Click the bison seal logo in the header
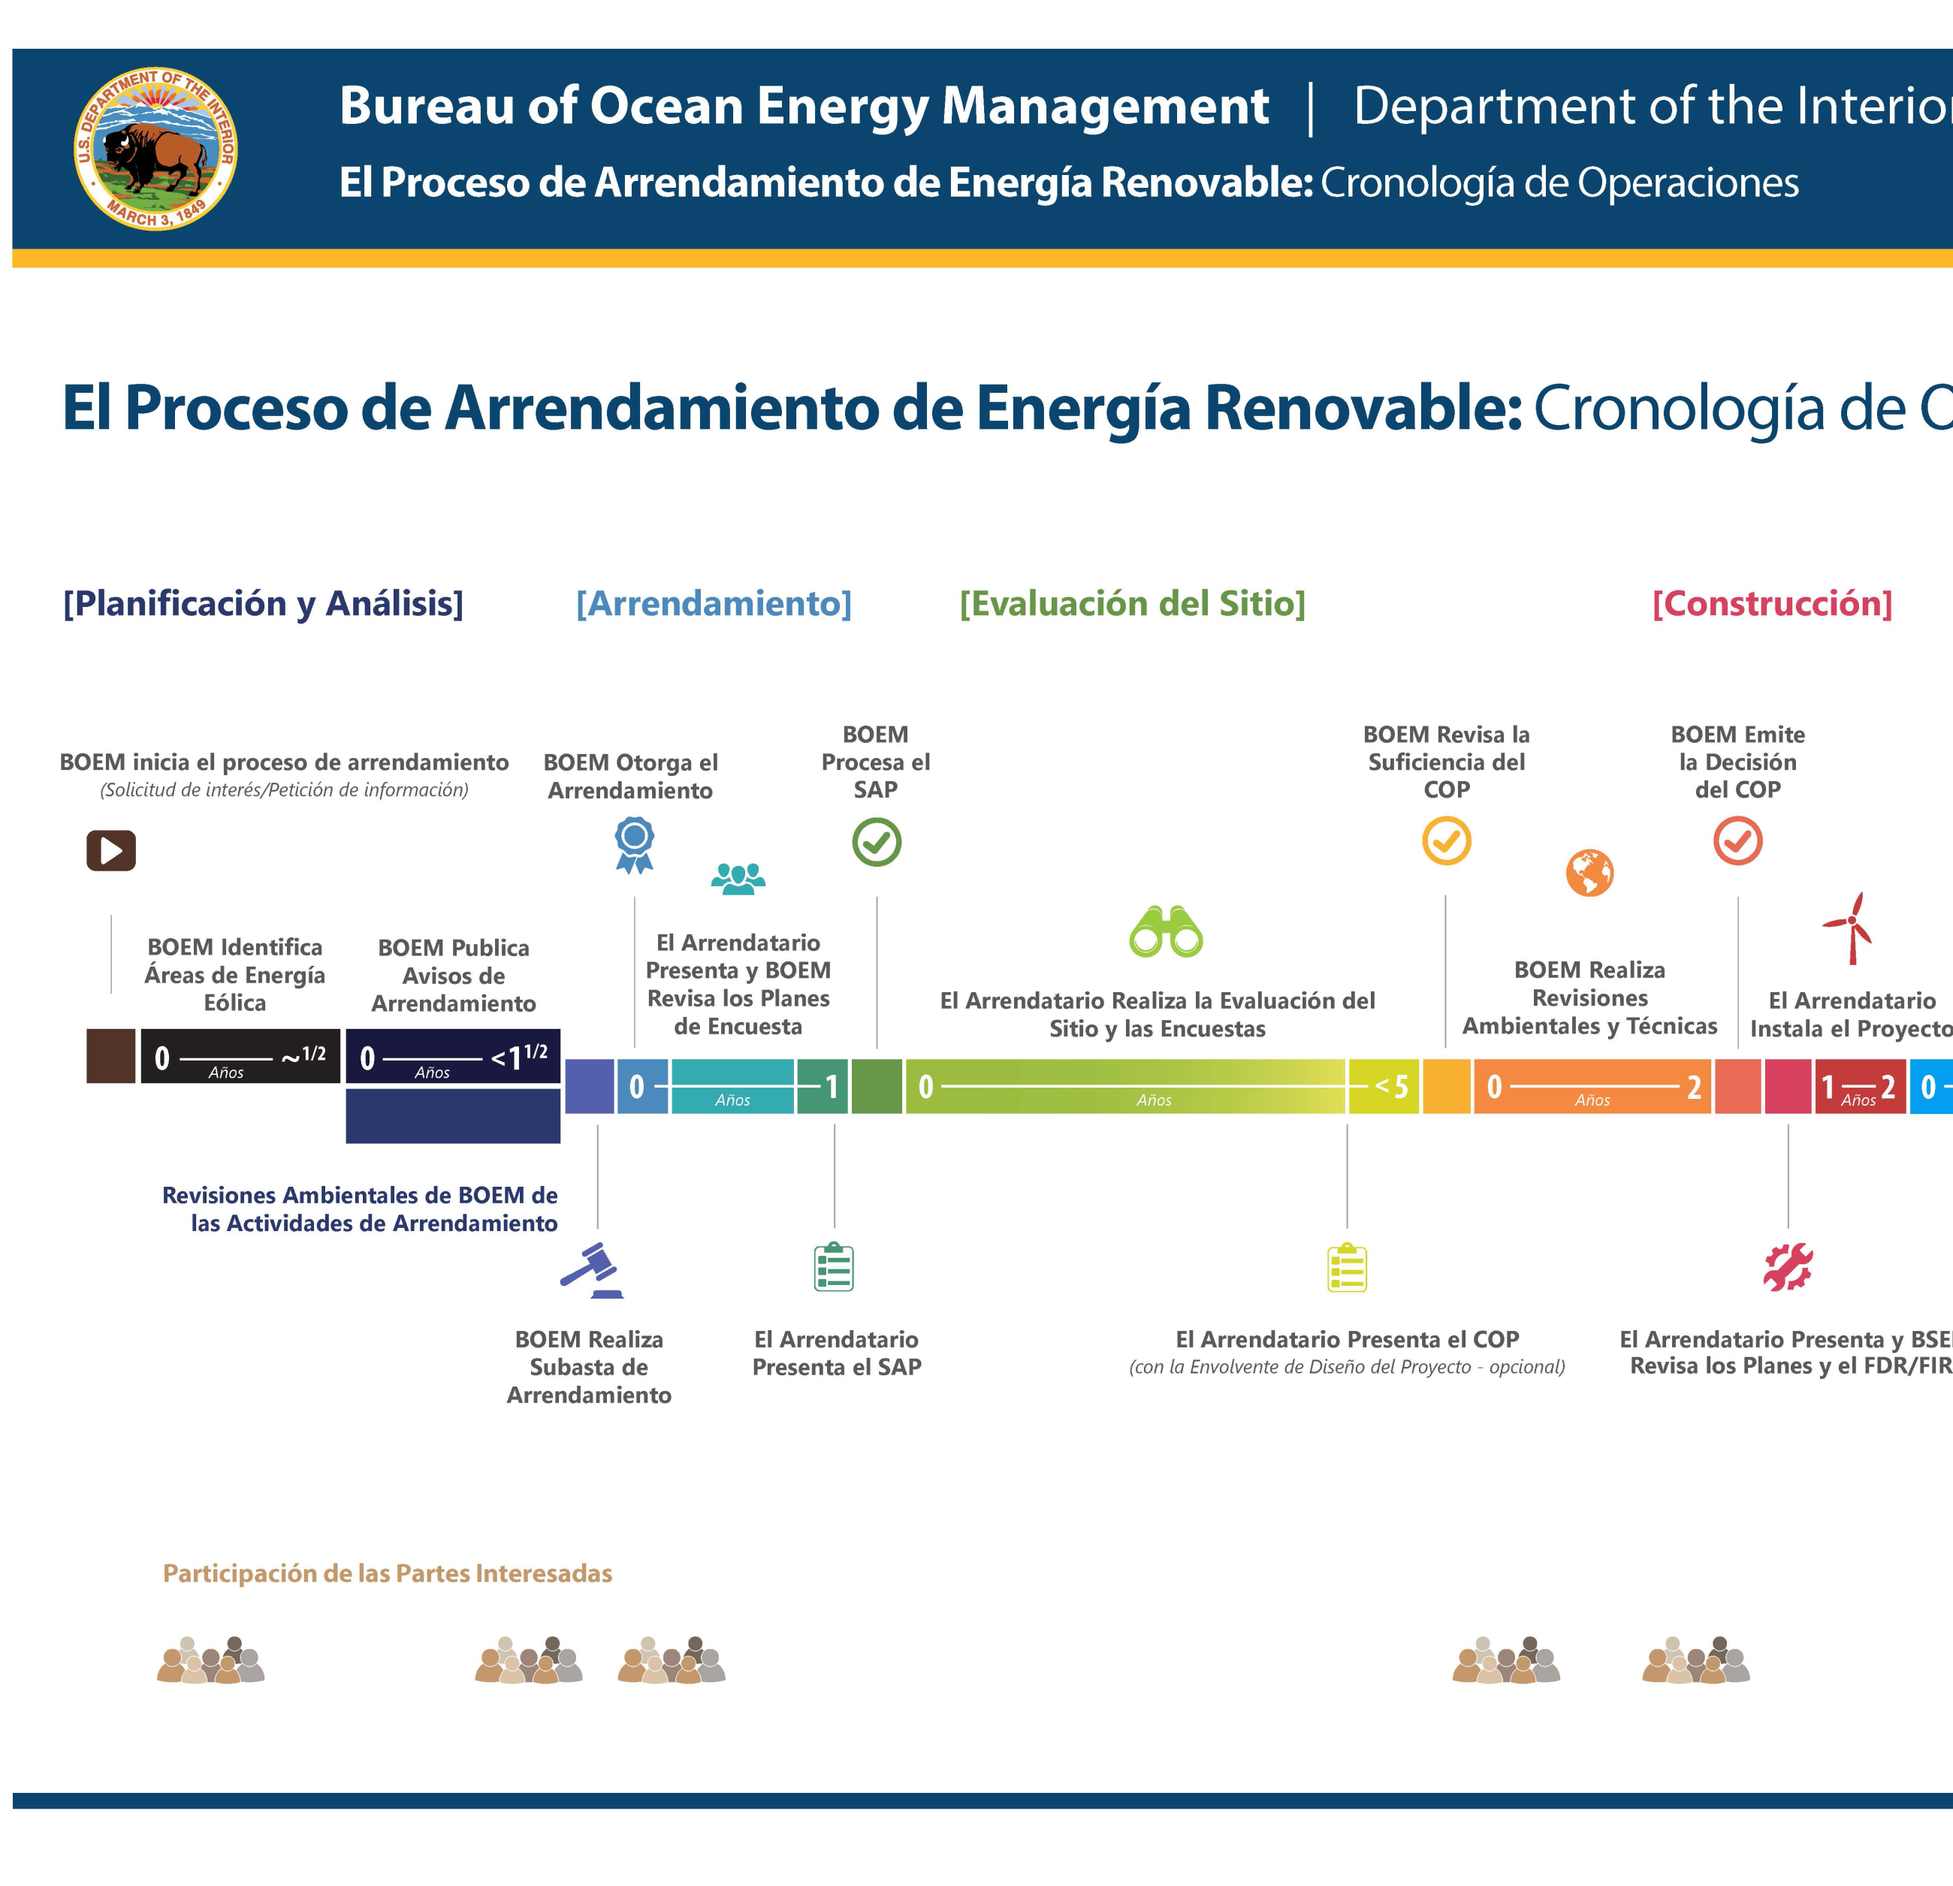point(155,149)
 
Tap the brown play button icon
point(110,849)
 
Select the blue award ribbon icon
point(634,844)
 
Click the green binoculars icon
point(1166,931)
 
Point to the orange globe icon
point(1589,873)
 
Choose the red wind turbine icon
point(1850,928)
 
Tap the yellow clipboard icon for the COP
point(1346,1266)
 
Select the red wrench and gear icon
point(1788,1266)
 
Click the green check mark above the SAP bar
point(876,842)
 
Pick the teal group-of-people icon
point(738,878)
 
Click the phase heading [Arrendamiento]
point(714,603)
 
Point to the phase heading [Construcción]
point(1772,603)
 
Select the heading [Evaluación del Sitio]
point(1132,603)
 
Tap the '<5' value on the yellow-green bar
point(1391,1086)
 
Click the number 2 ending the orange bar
point(1694,1087)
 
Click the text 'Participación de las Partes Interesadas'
point(388,1573)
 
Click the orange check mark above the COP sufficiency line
point(1446,841)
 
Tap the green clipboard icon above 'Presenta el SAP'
point(834,1266)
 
